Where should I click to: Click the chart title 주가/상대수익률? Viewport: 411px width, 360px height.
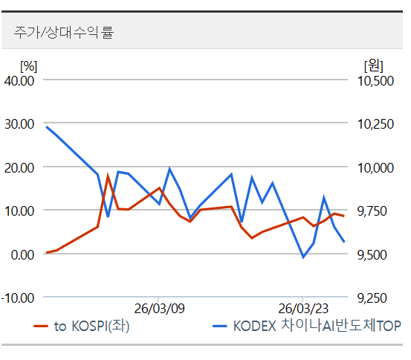[63, 33]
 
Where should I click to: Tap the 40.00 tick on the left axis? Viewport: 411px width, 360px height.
[19, 80]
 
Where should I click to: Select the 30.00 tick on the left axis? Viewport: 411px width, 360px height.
[19, 123]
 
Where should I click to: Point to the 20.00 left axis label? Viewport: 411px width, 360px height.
[19, 167]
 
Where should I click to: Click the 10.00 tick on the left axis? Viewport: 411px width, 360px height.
[19, 210]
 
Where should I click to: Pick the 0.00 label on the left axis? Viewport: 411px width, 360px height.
[22, 254]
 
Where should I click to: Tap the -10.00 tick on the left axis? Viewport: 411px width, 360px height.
[18, 298]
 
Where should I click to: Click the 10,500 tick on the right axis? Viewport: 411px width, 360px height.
[375, 80]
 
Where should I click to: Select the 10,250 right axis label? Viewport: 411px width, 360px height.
[375, 123]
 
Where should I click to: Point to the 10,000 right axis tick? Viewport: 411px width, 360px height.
[375, 167]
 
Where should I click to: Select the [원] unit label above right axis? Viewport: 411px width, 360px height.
[373, 65]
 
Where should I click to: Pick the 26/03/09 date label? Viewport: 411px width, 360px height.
[159, 308]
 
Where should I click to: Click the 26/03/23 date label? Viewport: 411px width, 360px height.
[302, 308]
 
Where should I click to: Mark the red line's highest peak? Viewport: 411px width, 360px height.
[108, 176]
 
